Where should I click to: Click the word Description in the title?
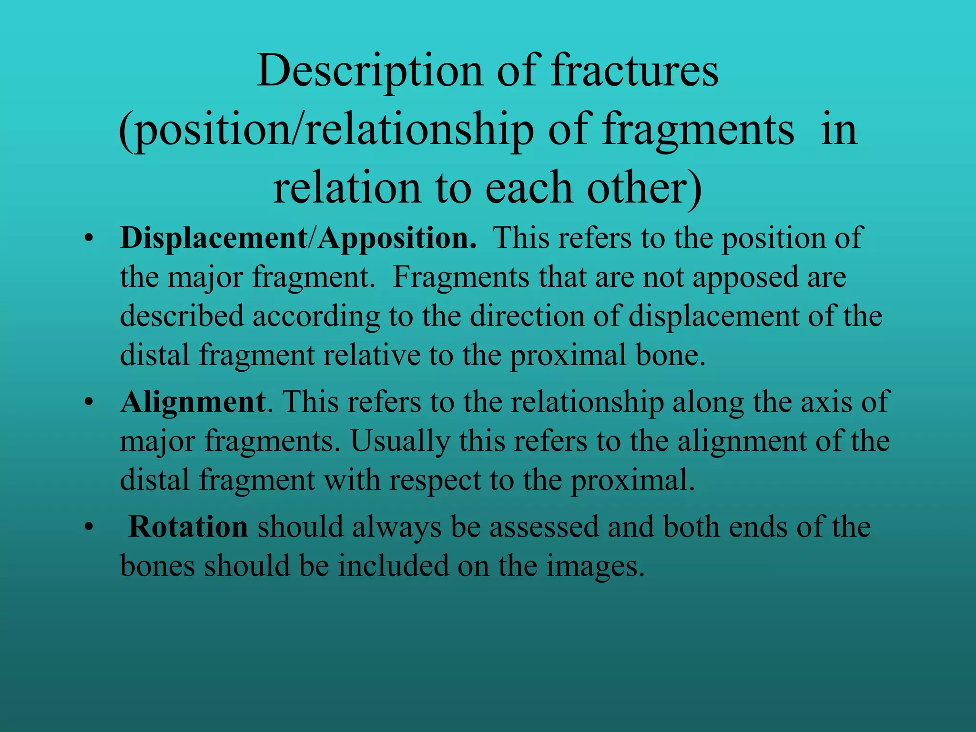[x=369, y=71]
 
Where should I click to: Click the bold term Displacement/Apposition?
[x=298, y=238]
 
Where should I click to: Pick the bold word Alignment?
[x=193, y=402]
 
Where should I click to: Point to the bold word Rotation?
[x=188, y=527]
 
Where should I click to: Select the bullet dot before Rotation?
[x=88, y=528]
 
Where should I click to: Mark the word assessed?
[x=544, y=527]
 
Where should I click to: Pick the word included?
[x=394, y=566]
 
